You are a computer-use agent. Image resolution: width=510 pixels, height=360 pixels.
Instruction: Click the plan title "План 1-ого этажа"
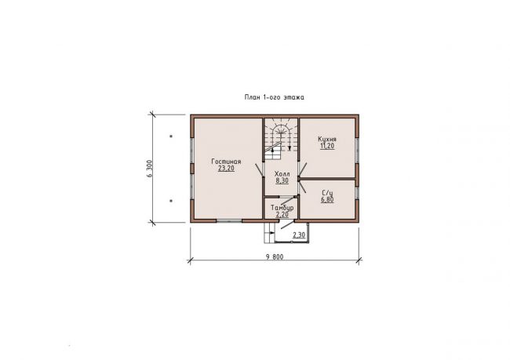(x=274, y=97)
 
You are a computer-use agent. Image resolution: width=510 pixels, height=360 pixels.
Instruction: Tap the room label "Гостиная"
(x=227, y=162)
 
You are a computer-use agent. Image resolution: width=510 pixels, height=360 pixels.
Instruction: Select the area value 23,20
(x=227, y=169)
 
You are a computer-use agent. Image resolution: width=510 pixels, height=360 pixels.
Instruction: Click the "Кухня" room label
(x=327, y=139)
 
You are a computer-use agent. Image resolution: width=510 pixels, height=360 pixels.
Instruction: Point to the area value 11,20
(x=327, y=146)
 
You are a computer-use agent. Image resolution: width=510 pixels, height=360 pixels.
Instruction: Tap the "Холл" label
(x=282, y=174)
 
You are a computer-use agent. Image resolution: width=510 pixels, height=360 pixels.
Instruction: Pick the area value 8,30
(x=282, y=181)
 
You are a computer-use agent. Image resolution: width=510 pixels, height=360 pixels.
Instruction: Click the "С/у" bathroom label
(x=327, y=193)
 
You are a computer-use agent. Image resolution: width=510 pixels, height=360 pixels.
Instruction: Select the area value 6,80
(x=327, y=200)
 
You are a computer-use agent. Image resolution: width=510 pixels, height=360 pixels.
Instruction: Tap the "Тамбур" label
(x=282, y=208)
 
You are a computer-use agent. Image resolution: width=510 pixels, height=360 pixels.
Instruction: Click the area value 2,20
(x=282, y=215)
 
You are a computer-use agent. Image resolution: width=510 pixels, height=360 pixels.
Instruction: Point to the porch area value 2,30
(x=299, y=235)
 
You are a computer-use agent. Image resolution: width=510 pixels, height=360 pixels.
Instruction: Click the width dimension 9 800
(x=275, y=257)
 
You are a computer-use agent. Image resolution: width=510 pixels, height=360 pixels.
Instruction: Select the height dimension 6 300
(x=149, y=169)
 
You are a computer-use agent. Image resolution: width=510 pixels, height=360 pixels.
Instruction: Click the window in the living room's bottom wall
(x=229, y=221)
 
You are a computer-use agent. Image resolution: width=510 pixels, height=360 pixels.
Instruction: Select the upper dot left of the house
(x=171, y=136)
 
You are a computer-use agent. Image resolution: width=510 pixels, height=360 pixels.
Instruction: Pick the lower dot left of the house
(x=171, y=201)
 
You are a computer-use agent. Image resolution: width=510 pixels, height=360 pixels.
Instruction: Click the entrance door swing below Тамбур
(x=286, y=225)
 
